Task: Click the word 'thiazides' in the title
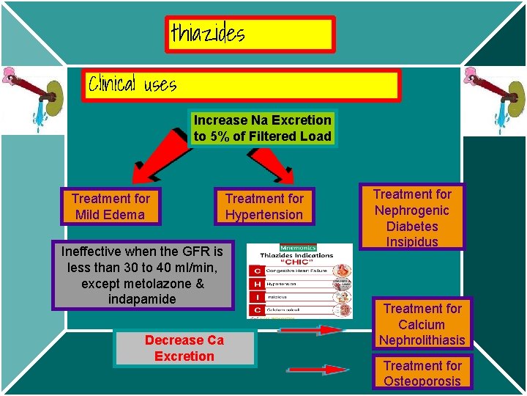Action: click(x=208, y=33)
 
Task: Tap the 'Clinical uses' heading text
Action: click(x=132, y=84)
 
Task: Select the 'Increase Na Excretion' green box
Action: click(x=263, y=128)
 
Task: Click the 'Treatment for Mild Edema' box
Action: click(x=111, y=207)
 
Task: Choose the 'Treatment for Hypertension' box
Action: click(x=264, y=207)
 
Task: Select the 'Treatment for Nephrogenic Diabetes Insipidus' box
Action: click(x=412, y=218)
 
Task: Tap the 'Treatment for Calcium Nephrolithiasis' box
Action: click(x=422, y=324)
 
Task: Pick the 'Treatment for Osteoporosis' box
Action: click(x=422, y=373)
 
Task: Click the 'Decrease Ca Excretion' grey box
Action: click(x=184, y=348)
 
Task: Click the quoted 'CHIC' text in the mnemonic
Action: click(x=299, y=263)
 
